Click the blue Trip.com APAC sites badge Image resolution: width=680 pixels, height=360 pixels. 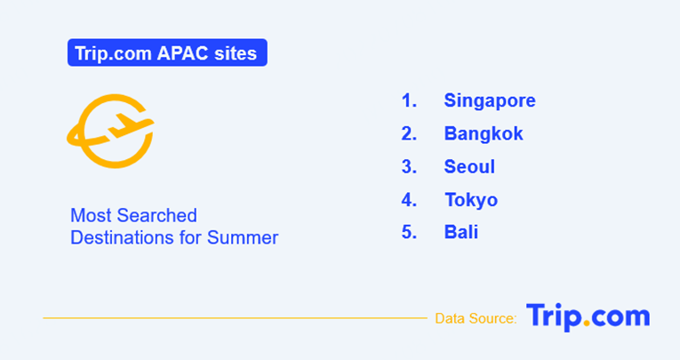167,52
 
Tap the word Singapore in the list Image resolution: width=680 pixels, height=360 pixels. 490,101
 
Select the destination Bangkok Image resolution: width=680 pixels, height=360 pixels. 484,133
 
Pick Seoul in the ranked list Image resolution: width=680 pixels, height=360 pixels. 469,166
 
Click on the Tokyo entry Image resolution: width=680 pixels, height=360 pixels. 471,200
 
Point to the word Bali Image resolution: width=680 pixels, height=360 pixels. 461,232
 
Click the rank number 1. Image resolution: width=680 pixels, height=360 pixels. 409,100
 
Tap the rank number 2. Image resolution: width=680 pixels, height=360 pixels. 409,133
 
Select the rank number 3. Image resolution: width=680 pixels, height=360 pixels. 409,166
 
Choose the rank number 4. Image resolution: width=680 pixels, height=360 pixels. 409,200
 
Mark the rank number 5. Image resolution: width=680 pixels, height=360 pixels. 409,232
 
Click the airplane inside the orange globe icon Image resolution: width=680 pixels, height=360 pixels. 128,126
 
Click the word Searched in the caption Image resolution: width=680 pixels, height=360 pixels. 157,216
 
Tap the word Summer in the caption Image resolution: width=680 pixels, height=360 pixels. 243,237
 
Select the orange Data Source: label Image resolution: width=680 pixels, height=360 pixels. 476,319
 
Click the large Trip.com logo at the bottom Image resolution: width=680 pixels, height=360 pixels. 588,317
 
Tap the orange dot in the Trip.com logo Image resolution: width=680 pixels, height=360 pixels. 587,324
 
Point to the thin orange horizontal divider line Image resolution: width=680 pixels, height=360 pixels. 235,318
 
